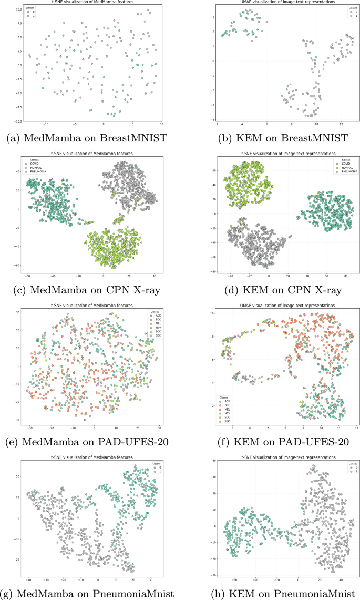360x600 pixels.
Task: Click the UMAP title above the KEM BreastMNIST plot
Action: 273,3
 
